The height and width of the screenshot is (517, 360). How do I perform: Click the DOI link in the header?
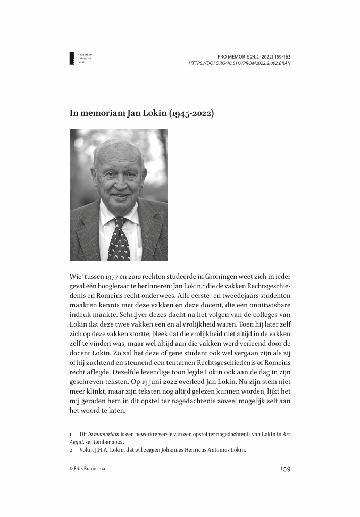pos(239,63)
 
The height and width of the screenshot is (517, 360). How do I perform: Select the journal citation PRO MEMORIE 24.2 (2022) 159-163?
pos(254,56)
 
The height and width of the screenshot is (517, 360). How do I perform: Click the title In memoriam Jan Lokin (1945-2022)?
pos(141,113)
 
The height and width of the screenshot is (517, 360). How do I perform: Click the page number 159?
pos(285,469)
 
